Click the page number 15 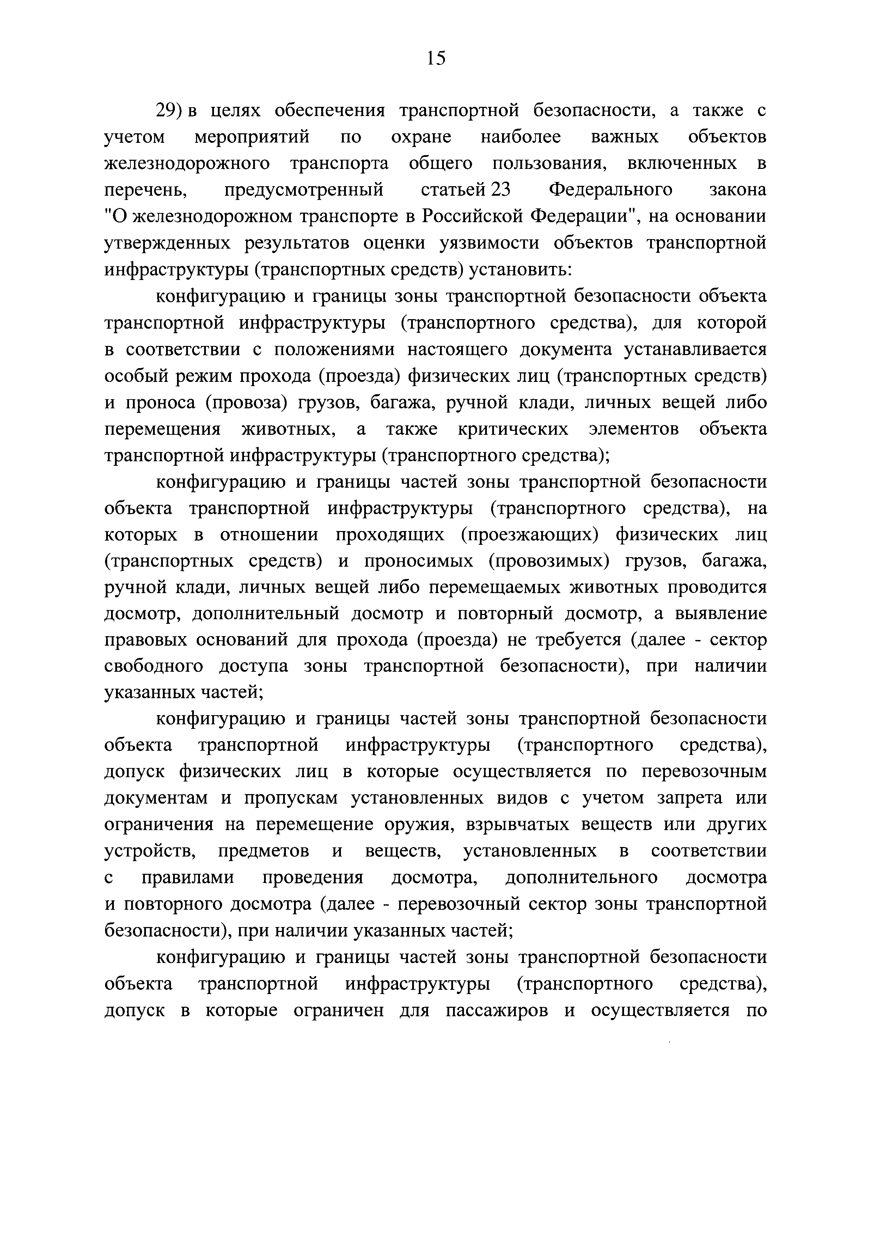click(436, 57)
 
